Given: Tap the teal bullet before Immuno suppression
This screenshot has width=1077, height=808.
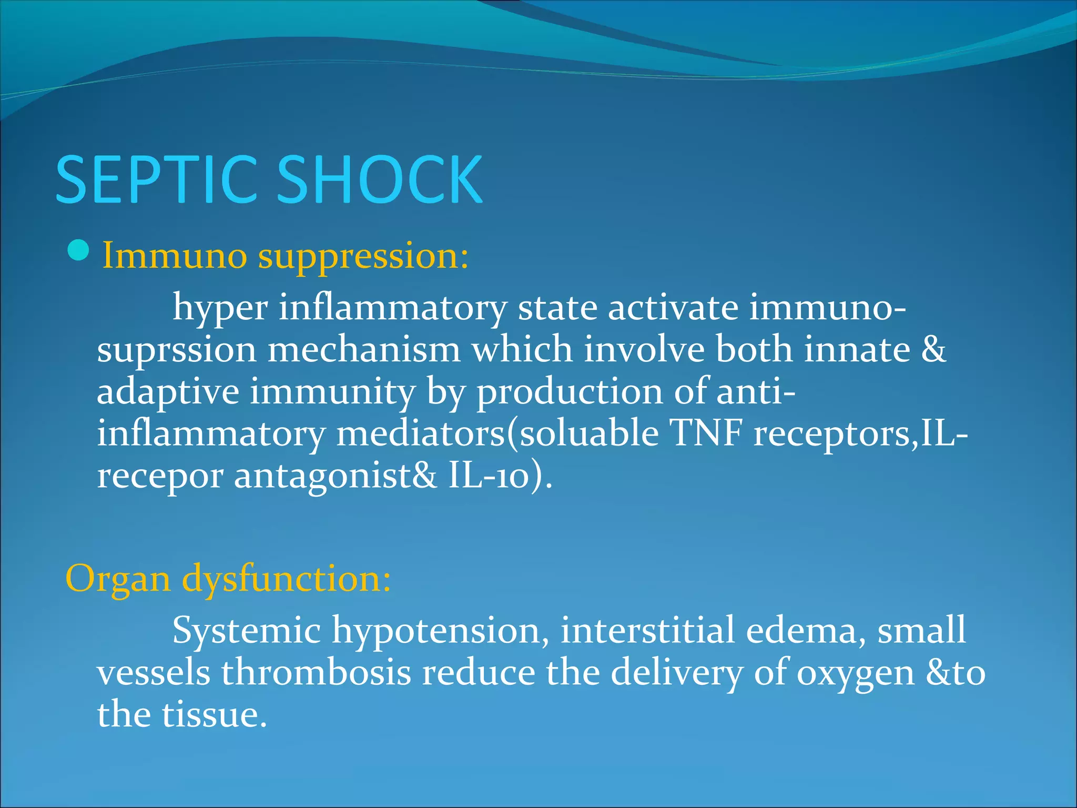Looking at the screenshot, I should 79,250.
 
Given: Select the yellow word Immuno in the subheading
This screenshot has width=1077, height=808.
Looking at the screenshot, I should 174,256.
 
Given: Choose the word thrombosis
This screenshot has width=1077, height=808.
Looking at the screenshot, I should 316,673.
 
